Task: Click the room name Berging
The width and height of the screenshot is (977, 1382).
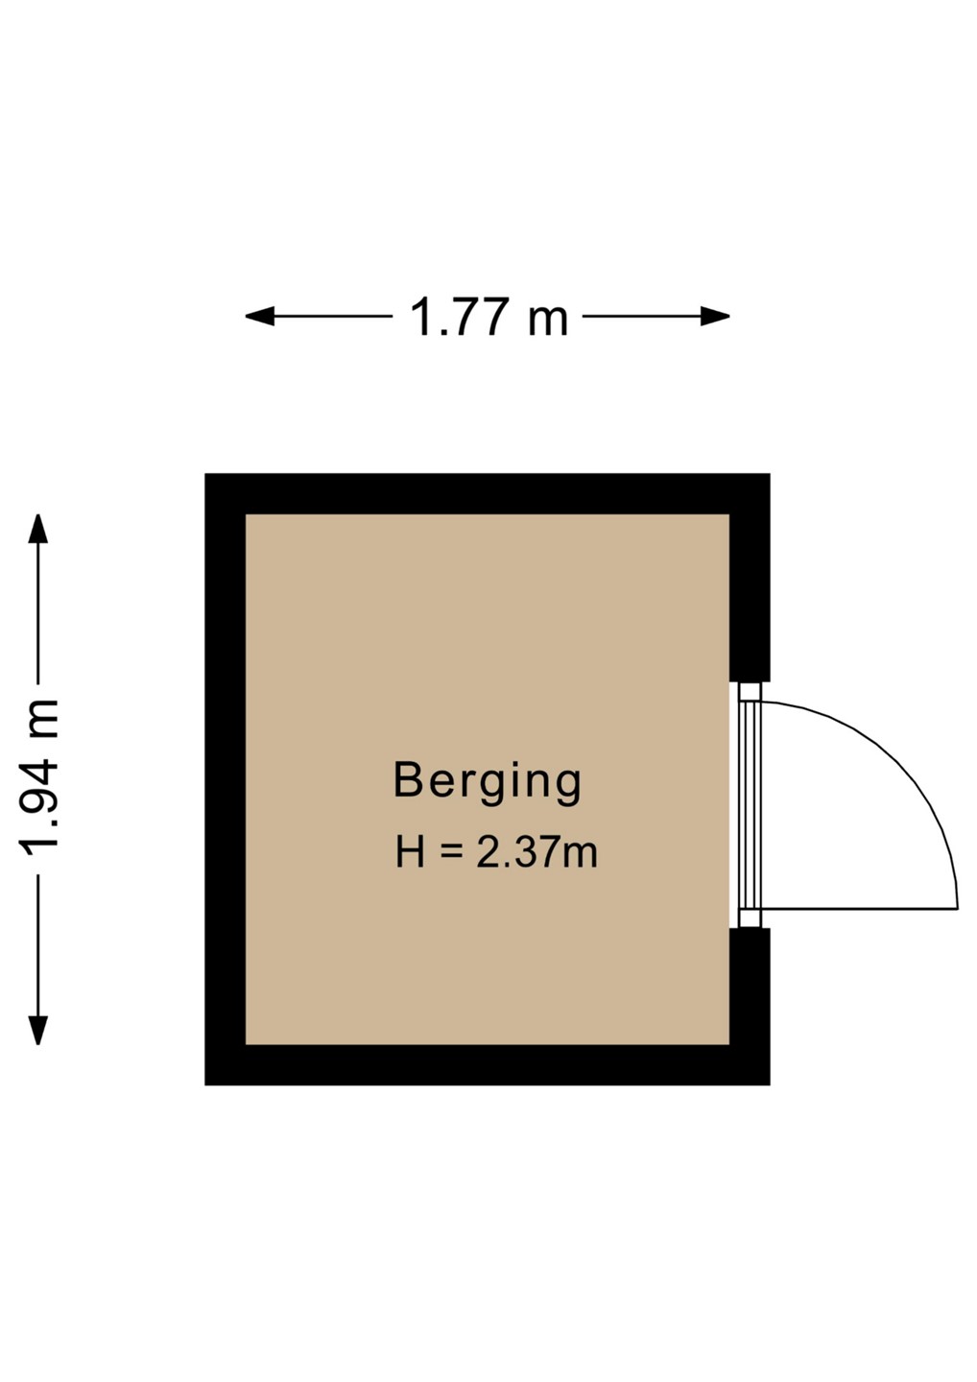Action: click(488, 781)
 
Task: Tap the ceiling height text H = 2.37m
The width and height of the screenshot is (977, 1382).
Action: click(496, 852)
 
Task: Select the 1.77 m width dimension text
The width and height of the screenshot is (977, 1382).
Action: click(488, 317)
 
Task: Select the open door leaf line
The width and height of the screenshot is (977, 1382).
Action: click(859, 908)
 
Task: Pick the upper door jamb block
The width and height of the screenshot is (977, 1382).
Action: click(751, 691)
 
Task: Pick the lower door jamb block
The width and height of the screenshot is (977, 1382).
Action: click(751, 918)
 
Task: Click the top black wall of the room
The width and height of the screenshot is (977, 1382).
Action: click(488, 493)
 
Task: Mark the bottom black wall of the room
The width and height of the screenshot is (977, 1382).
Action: click(488, 1064)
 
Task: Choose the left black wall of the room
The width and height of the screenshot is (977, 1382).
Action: click(226, 779)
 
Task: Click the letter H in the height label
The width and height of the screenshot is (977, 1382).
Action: click(410, 852)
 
